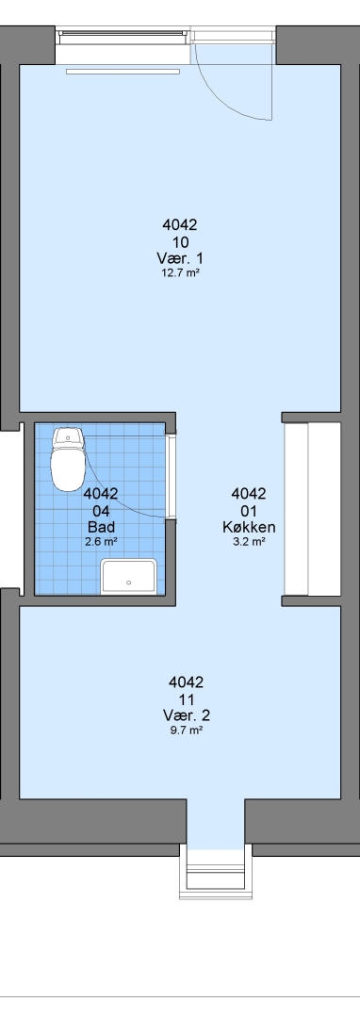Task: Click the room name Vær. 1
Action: pyautogui.click(x=180, y=258)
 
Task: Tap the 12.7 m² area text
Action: pyautogui.click(x=180, y=273)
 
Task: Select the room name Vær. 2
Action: pyautogui.click(x=187, y=715)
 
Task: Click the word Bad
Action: pyautogui.click(x=101, y=527)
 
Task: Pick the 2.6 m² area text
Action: pyautogui.click(x=101, y=541)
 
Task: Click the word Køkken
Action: pyautogui.click(x=249, y=527)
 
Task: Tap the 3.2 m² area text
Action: pyautogui.click(x=249, y=541)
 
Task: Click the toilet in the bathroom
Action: pyautogui.click(x=68, y=458)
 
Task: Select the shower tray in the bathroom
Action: pyautogui.click(x=128, y=577)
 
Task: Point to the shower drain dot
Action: pyautogui.click(x=128, y=583)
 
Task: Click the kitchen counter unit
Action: pyautogui.click(x=312, y=509)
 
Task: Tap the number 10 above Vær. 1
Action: pyautogui.click(x=180, y=243)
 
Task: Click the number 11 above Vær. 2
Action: pyautogui.click(x=187, y=699)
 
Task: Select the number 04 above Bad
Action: pyautogui.click(x=101, y=510)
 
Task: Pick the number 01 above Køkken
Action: pyautogui.click(x=249, y=510)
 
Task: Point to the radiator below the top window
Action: pyautogui.click(x=123, y=72)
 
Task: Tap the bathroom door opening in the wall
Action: pyautogui.click(x=172, y=476)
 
